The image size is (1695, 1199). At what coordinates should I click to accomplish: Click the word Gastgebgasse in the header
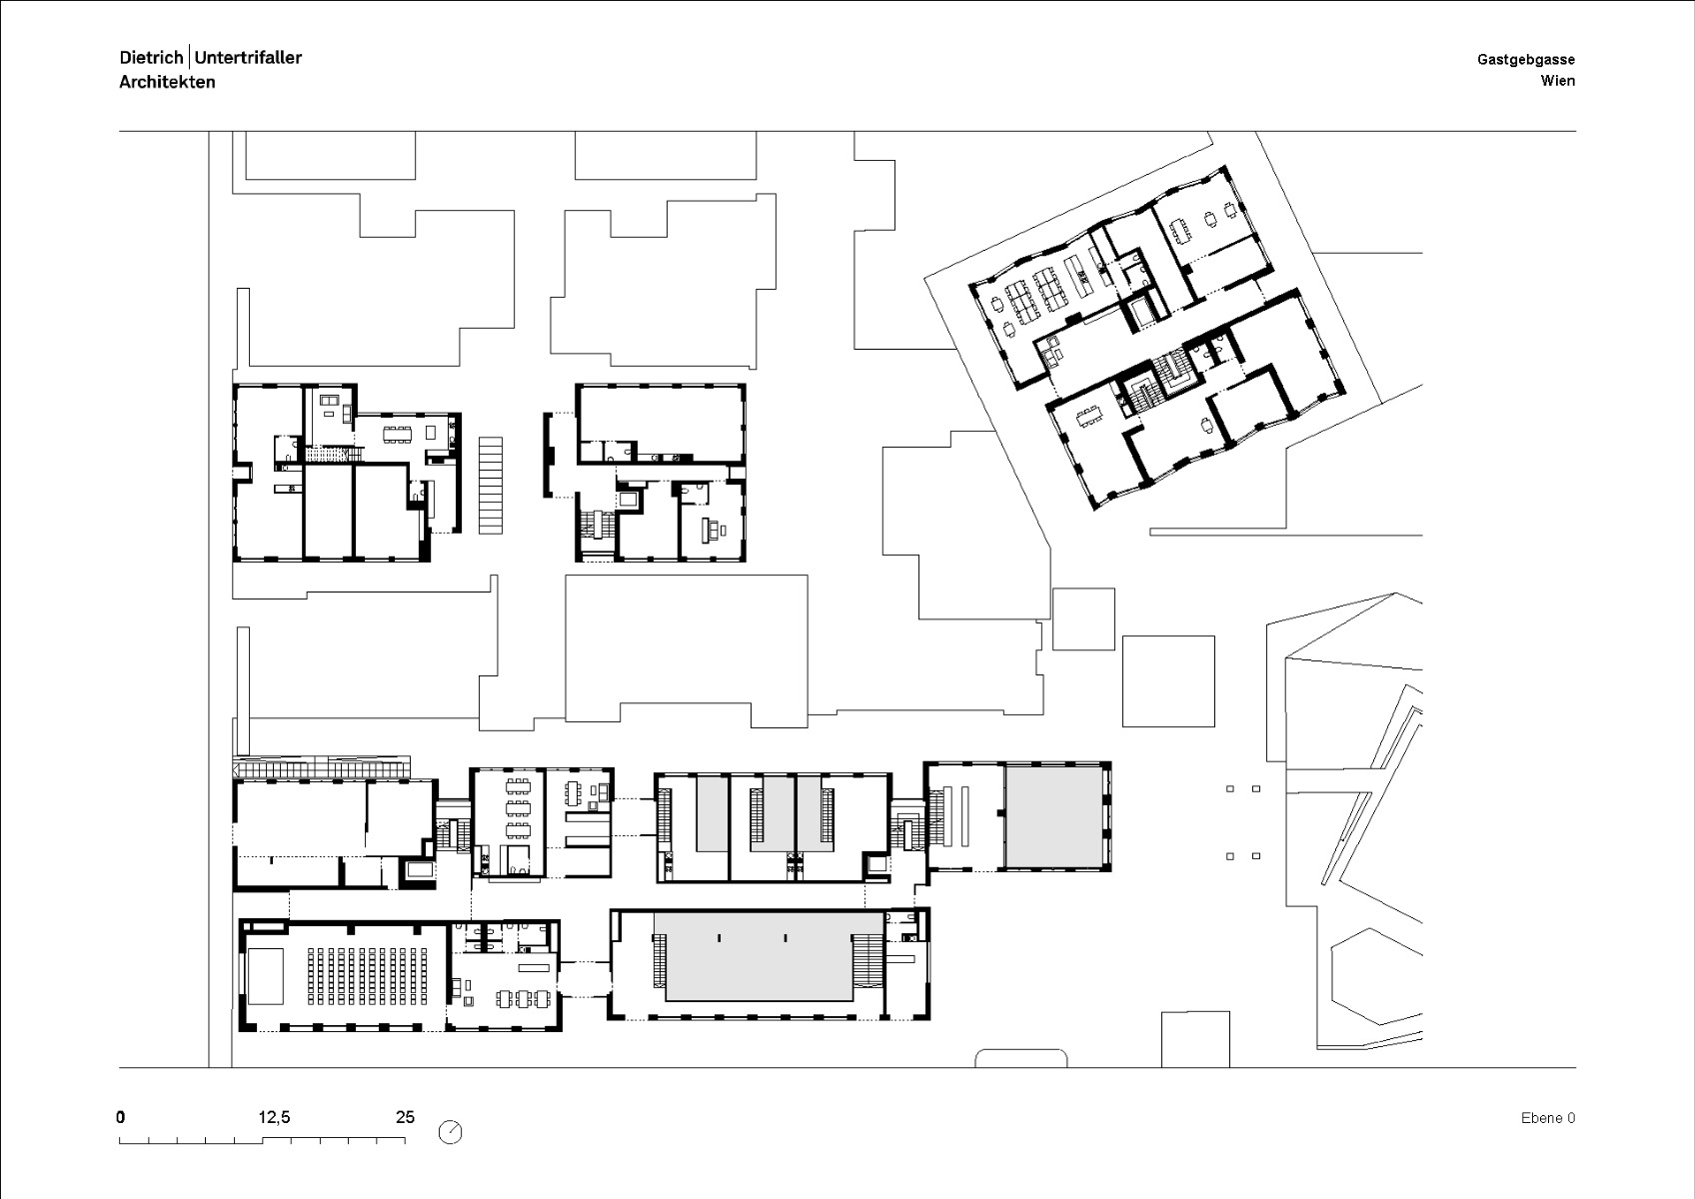pos(1525,60)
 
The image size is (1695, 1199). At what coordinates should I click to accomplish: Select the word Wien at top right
pos(1557,81)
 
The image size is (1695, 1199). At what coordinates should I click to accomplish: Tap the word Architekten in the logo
pos(167,82)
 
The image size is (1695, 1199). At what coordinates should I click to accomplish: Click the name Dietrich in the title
pos(151,57)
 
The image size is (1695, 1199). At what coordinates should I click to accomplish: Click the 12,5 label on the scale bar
pos(275,1117)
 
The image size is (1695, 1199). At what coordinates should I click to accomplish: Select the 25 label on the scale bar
pos(405,1117)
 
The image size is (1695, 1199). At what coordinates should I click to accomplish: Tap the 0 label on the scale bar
pos(121,1117)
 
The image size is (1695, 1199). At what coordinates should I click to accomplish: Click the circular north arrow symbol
pos(451,1131)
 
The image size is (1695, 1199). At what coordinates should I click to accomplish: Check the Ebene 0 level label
pos(1547,1118)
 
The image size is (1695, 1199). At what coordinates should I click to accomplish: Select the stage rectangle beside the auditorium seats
pos(266,976)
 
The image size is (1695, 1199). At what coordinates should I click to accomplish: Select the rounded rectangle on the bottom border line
pos(1021,1058)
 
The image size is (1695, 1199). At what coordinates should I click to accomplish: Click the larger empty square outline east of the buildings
pos(1168,680)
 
